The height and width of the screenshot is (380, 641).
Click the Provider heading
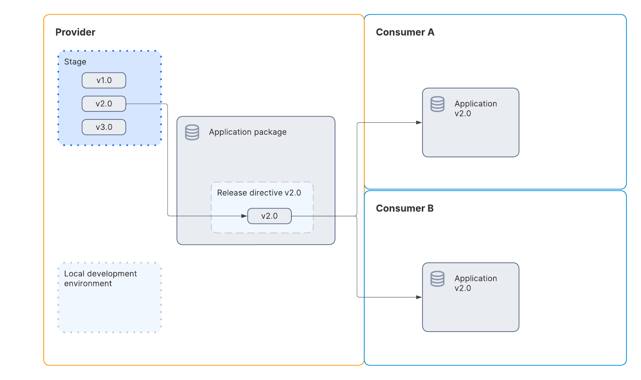pyautogui.click(x=75, y=32)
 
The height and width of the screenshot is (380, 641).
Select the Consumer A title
pyautogui.click(x=405, y=32)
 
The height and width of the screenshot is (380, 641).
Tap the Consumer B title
pyautogui.click(x=404, y=208)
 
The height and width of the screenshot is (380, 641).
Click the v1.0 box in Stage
pyautogui.click(x=104, y=80)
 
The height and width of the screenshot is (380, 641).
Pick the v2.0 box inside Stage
pyautogui.click(x=104, y=104)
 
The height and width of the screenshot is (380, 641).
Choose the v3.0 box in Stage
pyautogui.click(x=104, y=127)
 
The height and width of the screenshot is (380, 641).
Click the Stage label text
pyautogui.click(x=75, y=62)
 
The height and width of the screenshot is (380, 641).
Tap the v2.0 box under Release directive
pyautogui.click(x=269, y=216)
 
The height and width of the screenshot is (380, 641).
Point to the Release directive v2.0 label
pyautogui.click(x=259, y=193)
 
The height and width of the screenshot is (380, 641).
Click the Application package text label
pyautogui.click(x=247, y=132)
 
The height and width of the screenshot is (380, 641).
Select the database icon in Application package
pyautogui.click(x=192, y=132)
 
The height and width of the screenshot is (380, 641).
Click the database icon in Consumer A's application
pyautogui.click(x=437, y=104)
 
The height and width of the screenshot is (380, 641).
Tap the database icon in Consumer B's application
pyautogui.click(x=437, y=279)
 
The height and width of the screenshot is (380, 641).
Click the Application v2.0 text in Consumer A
pyautogui.click(x=475, y=108)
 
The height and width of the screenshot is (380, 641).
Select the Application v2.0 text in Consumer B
pyautogui.click(x=475, y=283)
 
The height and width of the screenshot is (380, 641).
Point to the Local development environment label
pyautogui.click(x=100, y=278)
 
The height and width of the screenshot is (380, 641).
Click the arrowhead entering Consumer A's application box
pyautogui.click(x=419, y=123)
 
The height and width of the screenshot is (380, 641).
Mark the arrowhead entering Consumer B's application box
pyautogui.click(x=419, y=297)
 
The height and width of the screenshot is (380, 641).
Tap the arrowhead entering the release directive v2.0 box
pyautogui.click(x=244, y=216)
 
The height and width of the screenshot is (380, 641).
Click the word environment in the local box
pyautogui.click(x=88, y=284)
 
